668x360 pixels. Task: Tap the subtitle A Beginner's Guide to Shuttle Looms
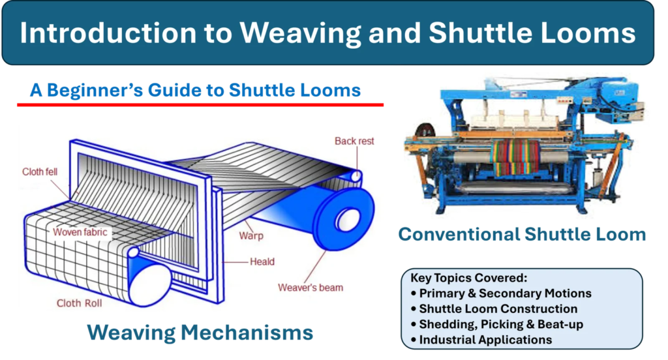195,90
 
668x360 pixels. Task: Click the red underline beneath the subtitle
200,104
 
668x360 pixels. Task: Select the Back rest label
354,141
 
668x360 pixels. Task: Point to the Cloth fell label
40,172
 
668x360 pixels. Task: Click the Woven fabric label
80,232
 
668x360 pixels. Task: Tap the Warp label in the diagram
251,235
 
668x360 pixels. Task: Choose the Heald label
262,262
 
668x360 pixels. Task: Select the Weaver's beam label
311,288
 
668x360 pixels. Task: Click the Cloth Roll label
79,303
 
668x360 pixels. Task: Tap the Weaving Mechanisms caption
200,333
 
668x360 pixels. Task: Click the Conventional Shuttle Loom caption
523,234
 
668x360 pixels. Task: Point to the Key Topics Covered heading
468,278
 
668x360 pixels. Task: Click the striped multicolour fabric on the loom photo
515,157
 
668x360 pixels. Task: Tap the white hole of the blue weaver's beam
348,220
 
